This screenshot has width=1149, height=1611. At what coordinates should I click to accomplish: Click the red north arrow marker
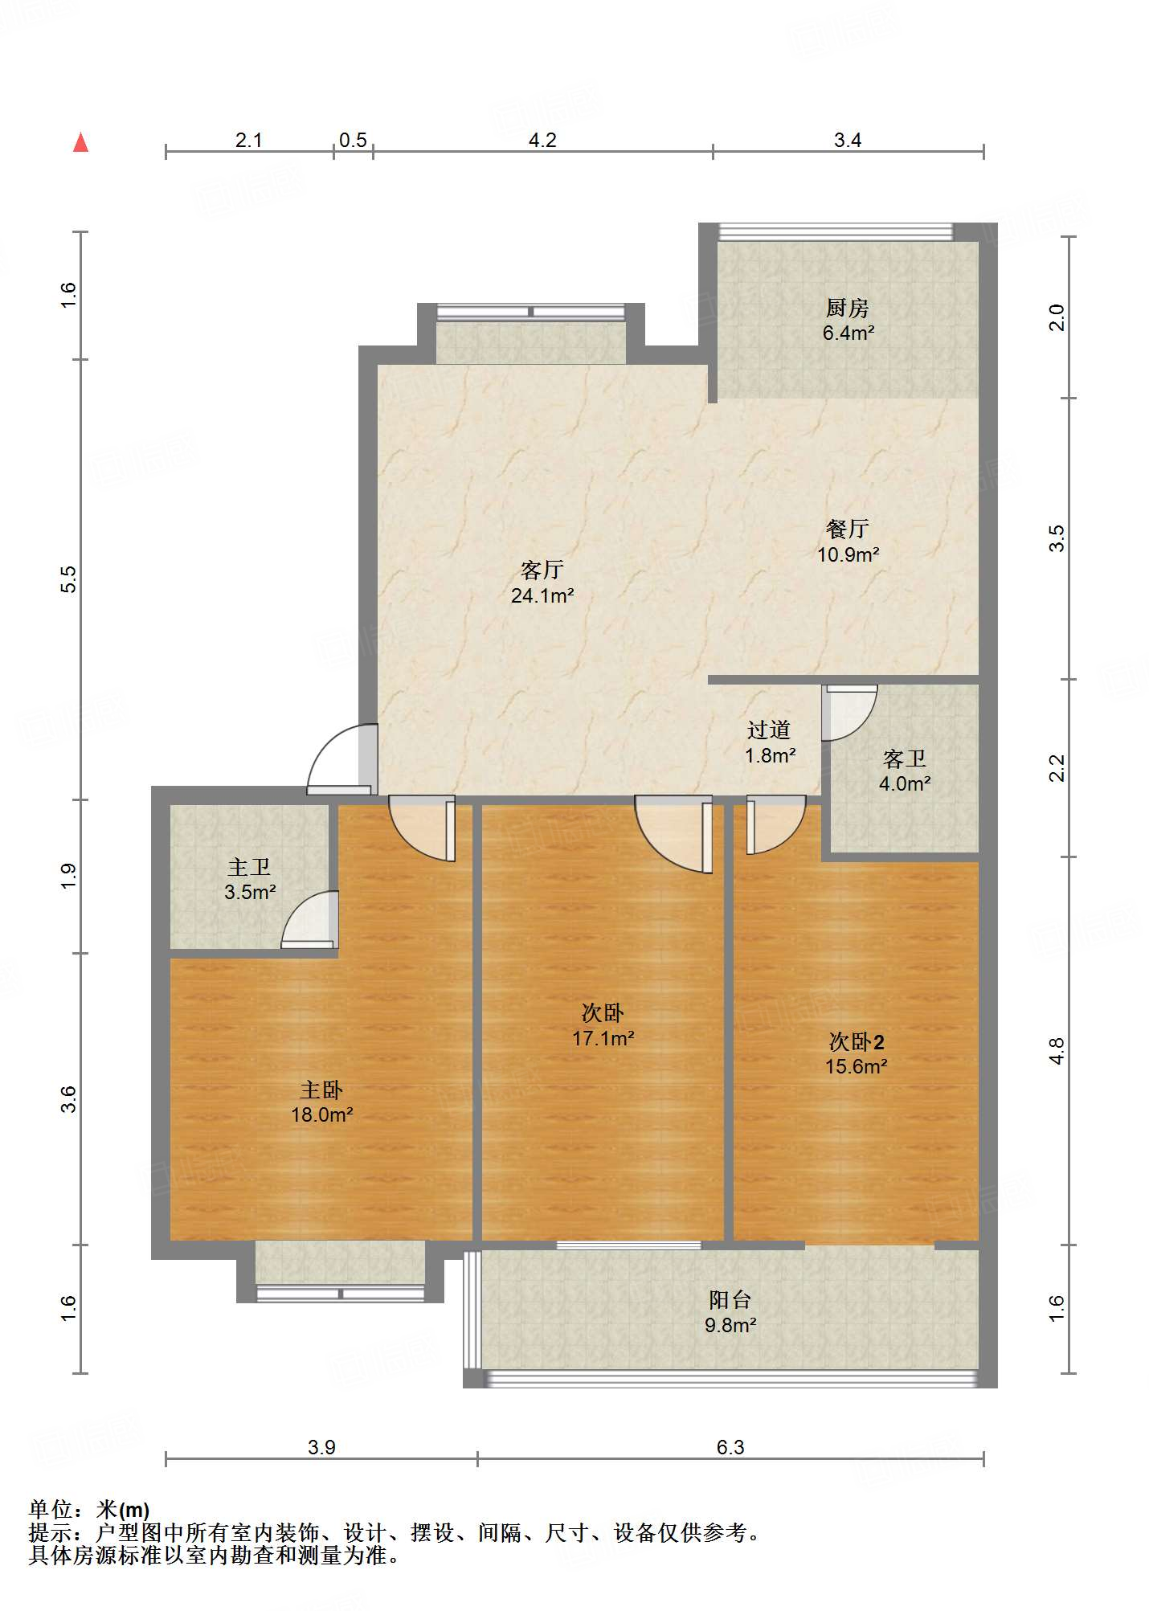coord(80,142)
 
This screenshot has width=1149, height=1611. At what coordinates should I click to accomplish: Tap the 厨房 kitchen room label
coord(848,308)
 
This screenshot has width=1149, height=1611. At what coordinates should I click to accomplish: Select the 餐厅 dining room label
coord(848,529)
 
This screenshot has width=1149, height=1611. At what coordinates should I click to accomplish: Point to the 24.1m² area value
coord(542,595)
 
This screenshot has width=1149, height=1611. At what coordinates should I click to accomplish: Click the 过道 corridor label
coord(769,730)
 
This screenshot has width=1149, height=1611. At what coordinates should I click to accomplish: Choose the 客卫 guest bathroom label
coord(905,758)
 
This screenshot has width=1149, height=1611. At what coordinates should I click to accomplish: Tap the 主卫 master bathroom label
coord(249,867)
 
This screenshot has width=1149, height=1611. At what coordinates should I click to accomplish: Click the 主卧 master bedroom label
coord(321,1090)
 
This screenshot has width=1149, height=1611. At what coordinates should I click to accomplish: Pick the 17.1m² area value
coord(603,1038)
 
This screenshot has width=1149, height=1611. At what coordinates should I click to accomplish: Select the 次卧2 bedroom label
coord(857,1042)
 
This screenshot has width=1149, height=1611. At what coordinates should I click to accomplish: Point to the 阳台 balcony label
coord(730,1299)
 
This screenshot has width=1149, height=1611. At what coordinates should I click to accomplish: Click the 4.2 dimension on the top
coord(542,140)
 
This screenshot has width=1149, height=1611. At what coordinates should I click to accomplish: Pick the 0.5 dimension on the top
coord(353,140)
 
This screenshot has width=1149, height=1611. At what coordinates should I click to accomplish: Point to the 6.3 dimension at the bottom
coord(730,1447)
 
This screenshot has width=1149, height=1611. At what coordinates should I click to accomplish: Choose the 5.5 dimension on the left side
coord(69,579)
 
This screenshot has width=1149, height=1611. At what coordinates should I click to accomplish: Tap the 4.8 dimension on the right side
coord(1057,1051)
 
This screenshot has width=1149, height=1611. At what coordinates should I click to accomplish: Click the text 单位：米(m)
coord(89,1510)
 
